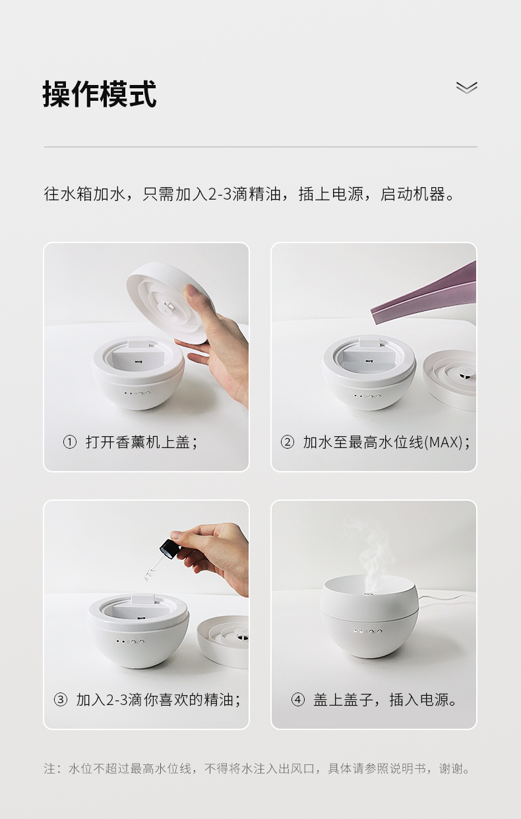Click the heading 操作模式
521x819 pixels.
(x=100, y=94)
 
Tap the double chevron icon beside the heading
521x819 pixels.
(x=466, y=88)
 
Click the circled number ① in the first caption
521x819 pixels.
(x=69, y=442)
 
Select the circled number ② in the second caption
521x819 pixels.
(x=287, y=442)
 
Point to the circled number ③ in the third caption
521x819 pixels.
(x=61, y=700)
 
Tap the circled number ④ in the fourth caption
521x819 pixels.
(x=298, y=700)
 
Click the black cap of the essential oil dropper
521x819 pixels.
(x=168, y=550)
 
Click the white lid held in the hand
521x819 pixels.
(x=166, y=302)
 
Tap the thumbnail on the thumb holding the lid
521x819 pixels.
(x=190, y=291)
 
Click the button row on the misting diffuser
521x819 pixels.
(x=368, y=631)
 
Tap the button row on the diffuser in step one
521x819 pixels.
(x=137, y=394)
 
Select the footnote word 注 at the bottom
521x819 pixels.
(x=49, y=768)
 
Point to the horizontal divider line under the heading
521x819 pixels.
(x=260, y=147)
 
